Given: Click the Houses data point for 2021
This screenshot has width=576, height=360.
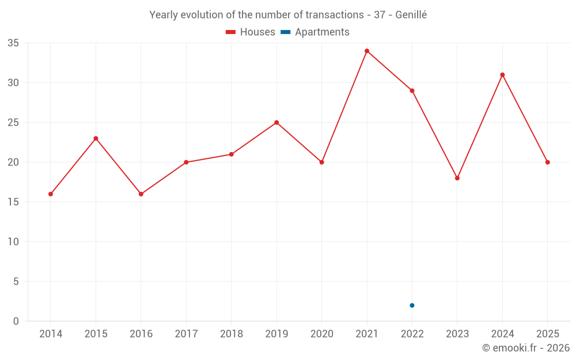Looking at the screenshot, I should tap(367, 51).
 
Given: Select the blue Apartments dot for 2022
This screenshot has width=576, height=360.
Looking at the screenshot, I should tap(412, 305).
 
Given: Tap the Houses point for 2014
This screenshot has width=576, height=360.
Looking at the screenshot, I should tap(51, 194).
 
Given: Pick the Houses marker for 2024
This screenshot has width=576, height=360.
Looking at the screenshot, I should tap(502, 75).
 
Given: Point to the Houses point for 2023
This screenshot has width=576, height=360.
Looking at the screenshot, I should tap(457, 178).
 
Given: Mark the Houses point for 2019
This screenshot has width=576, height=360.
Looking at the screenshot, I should tap(276, 123).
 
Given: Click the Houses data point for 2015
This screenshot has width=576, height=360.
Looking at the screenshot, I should tap(96, 138).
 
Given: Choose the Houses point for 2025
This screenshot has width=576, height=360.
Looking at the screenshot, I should tap(548, 162).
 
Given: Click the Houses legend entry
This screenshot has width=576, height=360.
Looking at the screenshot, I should tap(251, 32).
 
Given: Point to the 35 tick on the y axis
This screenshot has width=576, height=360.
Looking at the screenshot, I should tap(13, 43).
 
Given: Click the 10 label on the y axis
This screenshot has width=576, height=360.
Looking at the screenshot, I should tap(13, 242).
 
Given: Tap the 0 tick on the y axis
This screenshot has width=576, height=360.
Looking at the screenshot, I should tap(16, 321).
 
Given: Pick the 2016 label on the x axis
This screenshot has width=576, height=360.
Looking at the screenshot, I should tap(141, 334).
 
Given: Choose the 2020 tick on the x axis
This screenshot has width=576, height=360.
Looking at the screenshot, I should tap(321, 334).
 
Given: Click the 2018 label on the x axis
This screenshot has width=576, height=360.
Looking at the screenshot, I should tap(231, 334).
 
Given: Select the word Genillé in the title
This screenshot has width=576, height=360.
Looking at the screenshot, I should tap(411, 15).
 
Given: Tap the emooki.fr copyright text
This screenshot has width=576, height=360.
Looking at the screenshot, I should tap(526, 348).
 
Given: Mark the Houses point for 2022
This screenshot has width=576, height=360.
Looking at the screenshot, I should tap(412, 90).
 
